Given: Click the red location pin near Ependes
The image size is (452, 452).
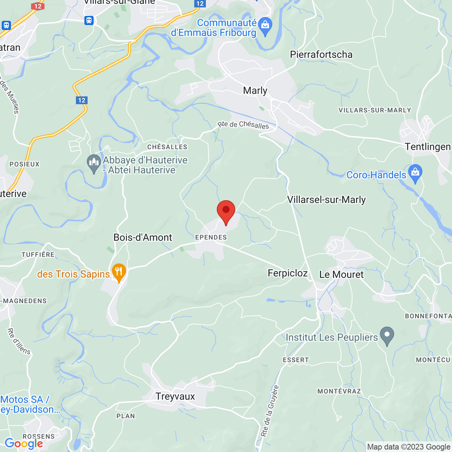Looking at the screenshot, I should point(226,211).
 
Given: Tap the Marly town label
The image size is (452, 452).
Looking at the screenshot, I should point(255,91).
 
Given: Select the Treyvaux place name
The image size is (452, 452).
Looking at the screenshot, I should point(175,397).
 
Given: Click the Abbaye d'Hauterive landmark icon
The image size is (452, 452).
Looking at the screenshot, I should point(94,163).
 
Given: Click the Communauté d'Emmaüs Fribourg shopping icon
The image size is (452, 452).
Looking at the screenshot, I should point(265,26).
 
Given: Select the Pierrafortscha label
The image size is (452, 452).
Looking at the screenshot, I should point(321,55).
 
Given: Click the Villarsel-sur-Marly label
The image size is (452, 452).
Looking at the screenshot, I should point(326,200).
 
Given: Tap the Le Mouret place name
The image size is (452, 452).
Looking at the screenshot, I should point(341,275).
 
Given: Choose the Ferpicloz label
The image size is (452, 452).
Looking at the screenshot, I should point(287,273).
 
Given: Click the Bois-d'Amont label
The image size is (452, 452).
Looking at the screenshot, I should point(143,238).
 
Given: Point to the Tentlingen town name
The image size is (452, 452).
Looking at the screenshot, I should point(428,147).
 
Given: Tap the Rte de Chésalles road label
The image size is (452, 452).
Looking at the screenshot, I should point(243,125).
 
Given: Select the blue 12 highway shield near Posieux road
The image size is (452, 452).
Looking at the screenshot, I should point(82,100).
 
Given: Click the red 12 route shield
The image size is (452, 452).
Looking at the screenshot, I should point(38,6).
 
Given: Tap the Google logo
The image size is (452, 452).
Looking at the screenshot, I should point(24,444).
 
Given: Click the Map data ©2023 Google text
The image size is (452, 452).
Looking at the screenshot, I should point(409,447).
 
